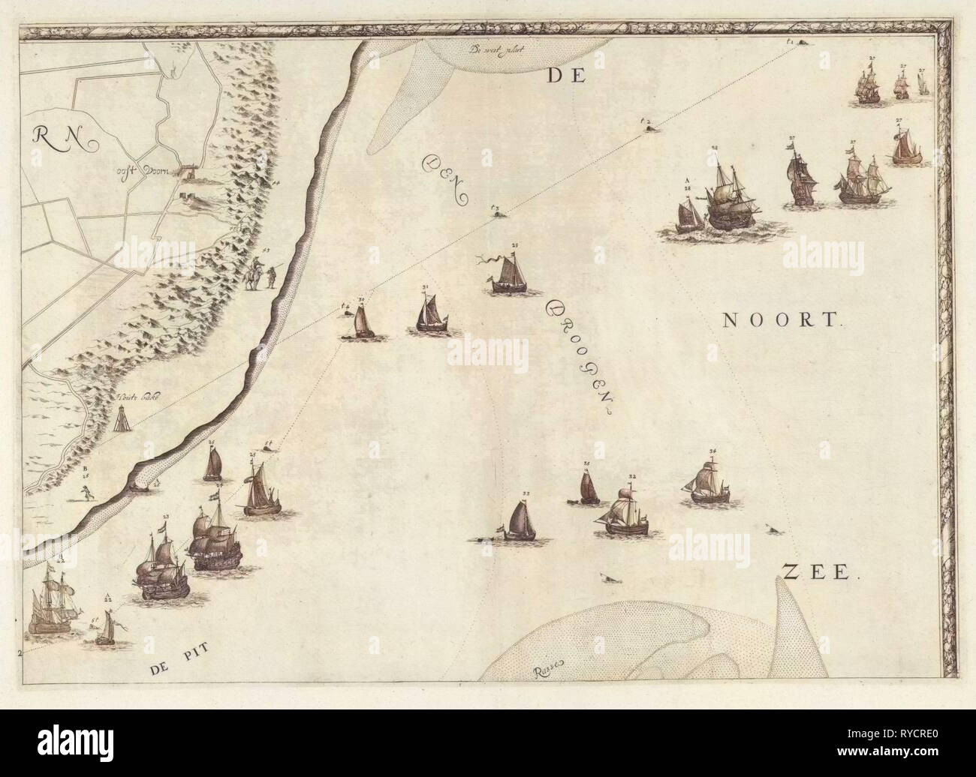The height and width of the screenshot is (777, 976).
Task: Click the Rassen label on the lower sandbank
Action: [550, 672]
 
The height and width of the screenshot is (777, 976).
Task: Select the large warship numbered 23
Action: [161, 566]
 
